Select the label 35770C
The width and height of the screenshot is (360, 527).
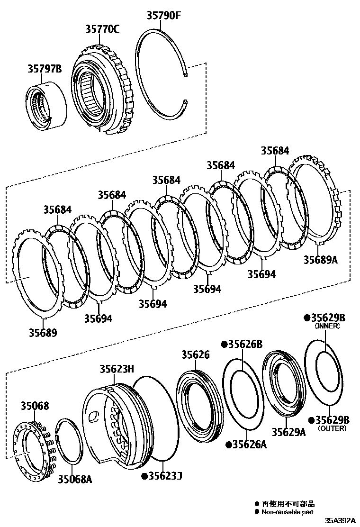[102, 29]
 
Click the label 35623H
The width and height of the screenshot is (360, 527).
[117, 369]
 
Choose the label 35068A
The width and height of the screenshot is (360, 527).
[75, 479]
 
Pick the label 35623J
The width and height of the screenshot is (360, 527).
[165, 475]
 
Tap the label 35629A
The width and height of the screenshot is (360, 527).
[288, 432]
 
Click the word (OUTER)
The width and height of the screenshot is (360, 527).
[332, 428]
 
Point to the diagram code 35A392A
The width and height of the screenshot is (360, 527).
[340, 520]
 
